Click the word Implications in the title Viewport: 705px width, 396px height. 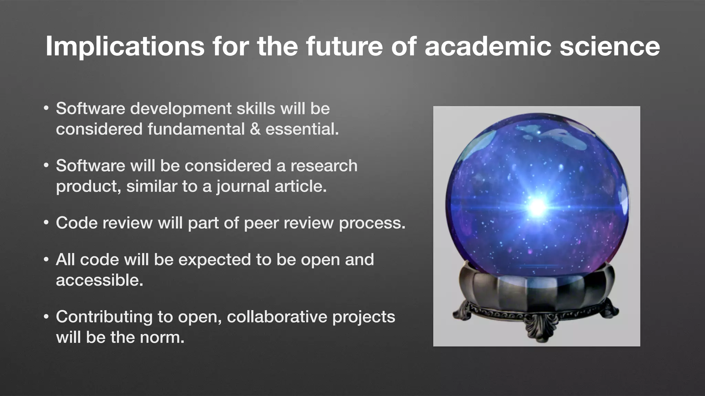[125, 46]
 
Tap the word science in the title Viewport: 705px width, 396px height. [610, 46]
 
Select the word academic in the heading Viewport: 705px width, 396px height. [488, 46]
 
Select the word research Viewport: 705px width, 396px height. [324, 166]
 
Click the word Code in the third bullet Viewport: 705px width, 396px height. [76, 223]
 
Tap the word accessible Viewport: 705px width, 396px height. [99, 280]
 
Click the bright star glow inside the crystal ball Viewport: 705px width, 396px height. [537, 207]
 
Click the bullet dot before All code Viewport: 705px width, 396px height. [46, 260]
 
